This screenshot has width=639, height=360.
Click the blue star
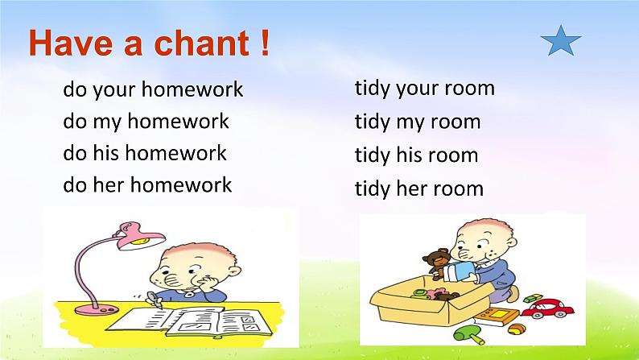click(561, 41)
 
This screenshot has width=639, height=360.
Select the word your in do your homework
click(114, 90)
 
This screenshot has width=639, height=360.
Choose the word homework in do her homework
click(181, 184)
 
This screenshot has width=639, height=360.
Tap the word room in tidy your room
click(468, 88)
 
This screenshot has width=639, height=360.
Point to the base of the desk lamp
click(97, 309)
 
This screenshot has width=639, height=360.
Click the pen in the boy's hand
click(154, 300)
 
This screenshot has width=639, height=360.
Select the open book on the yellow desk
click(188, 321)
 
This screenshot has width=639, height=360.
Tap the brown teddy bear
click(436, 263)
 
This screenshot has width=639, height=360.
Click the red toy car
click(548, 308)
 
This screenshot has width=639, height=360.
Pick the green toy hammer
click(469, 334)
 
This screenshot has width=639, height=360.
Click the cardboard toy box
click(432, 302)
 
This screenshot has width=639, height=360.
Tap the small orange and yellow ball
click(517, 329)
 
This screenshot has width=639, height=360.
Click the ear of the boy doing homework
click(233, 271)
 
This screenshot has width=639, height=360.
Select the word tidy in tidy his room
click(372, 155)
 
